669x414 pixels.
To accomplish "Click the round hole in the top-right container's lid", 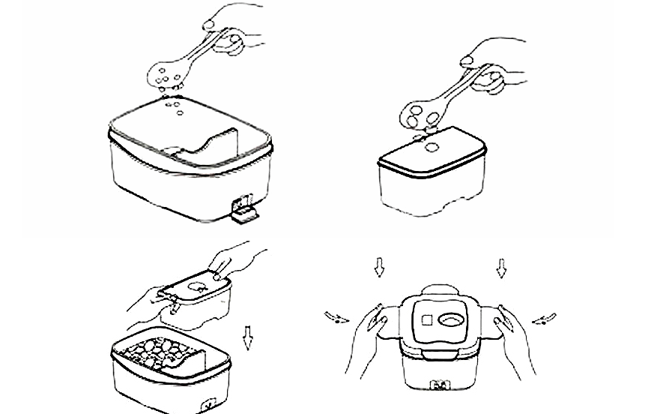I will [432, 147].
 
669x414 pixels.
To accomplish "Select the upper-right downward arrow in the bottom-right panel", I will [501, 267].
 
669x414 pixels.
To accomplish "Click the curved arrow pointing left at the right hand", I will [544, 319].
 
